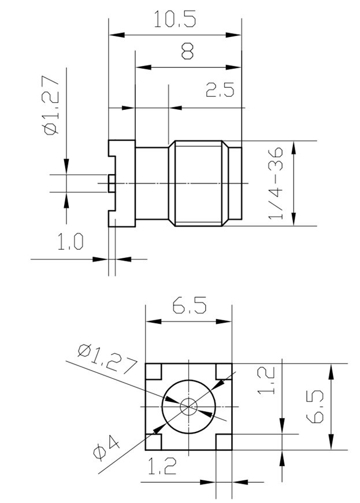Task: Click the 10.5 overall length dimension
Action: pos(175,19)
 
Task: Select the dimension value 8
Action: pos(187,53)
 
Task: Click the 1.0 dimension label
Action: pos(70,241)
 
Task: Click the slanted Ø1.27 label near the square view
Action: pos(107,358)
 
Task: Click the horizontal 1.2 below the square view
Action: pos(162,465)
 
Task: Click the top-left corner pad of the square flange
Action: pos(154,371)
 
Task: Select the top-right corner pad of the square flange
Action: pos(223,371)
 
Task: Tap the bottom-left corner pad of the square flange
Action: pos(154,442)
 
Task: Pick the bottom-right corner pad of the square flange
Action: pos(223,442)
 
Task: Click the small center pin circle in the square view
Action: pos(188,406)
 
